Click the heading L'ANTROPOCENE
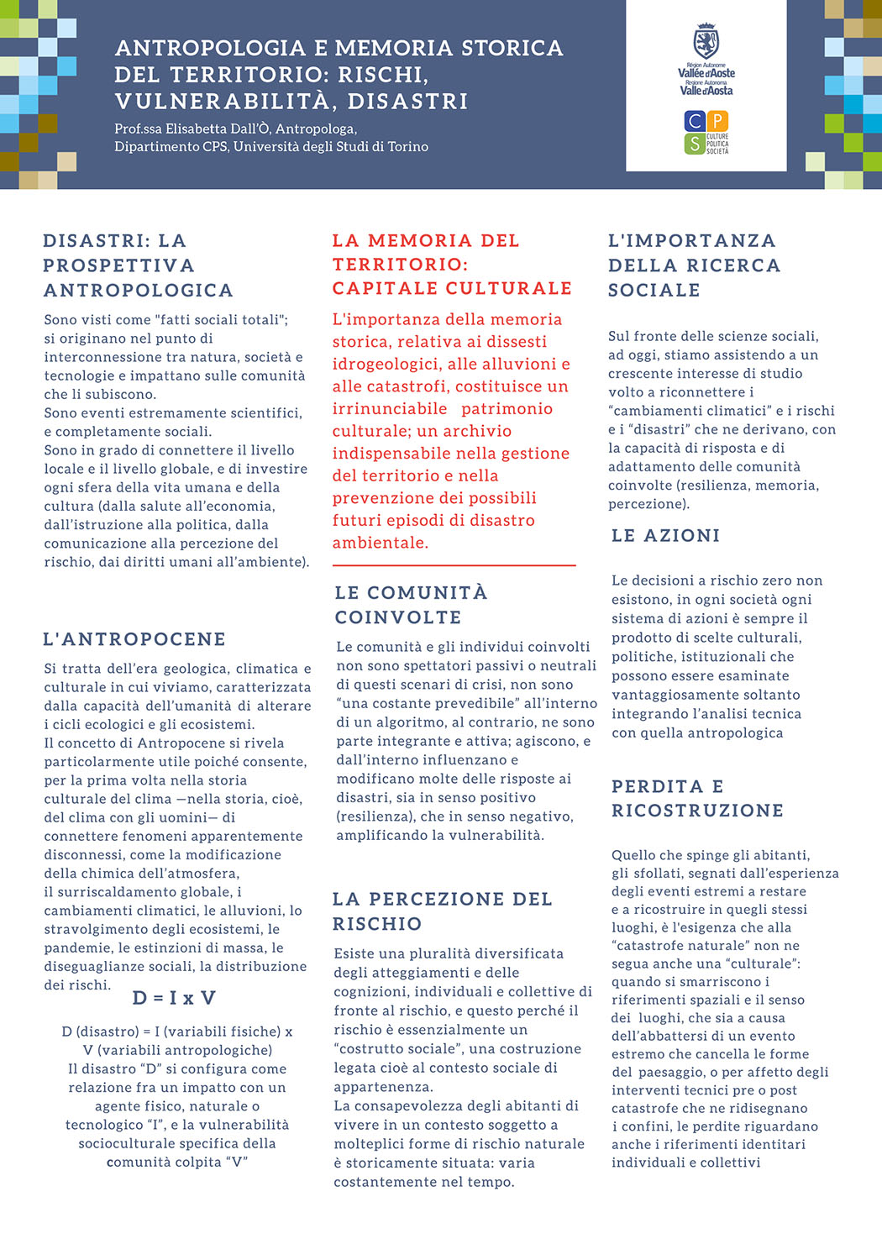pyautogui.click(x=134, y=639)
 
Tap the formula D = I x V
pyautogui.click(x=175, y=998)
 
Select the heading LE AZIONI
pyautogui.click(x=665, y=536)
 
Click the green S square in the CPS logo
pyautogui.click(x=695, y=144)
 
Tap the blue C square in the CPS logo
pyautogui.click(x=695, y=121)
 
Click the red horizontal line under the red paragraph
pyautogui.click(x=454, y=565)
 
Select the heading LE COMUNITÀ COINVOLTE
pyautogui.click(x=411, y=605)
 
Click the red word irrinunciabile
pyautogui.click(x=390, y=409)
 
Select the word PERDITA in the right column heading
pyautogui.click(x=658, y=786)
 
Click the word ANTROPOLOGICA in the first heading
pyautogui.click(x=139, y=291)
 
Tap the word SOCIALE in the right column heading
pyautogui.click(x=654, y=291)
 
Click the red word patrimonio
pyautogui.click(x=507, y=409)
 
